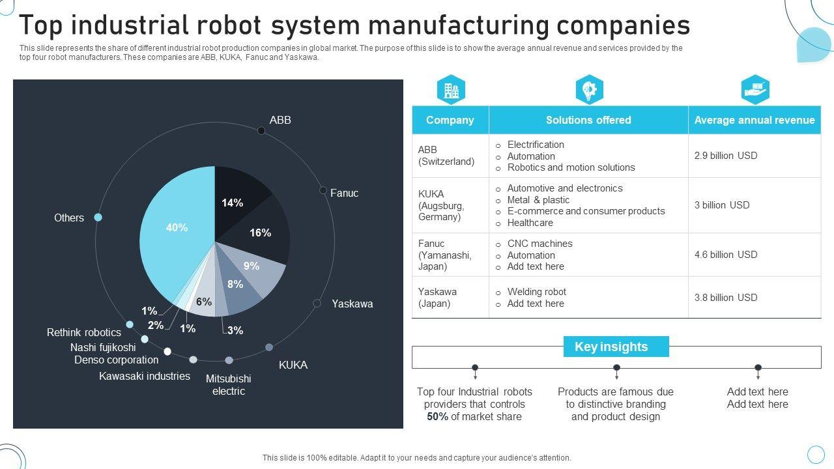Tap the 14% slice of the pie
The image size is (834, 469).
click(x=238, y=195)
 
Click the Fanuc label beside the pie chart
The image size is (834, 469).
click(x=344, y=193)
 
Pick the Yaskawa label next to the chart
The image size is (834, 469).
click(x=352, y=304)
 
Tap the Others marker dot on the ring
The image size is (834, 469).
click(x=98, y=218)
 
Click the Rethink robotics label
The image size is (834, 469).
click(x=84, y=333)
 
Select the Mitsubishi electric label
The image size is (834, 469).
click(x=228, y=385)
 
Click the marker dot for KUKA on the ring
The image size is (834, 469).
click(x=269, y=347)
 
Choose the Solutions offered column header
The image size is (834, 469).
click(x=588, y=121)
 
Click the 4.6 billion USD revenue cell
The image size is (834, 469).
click(x=725, y=255)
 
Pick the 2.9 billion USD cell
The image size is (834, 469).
click(x=725, y=156)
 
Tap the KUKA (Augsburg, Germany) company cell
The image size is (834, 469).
click(x=441, y=205)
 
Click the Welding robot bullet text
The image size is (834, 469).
click(x=536, y=292)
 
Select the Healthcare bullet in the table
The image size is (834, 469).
click(x=530, y=223)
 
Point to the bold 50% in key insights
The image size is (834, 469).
click(x=437, y=417)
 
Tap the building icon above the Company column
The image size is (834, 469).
click(x=451, y=91)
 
